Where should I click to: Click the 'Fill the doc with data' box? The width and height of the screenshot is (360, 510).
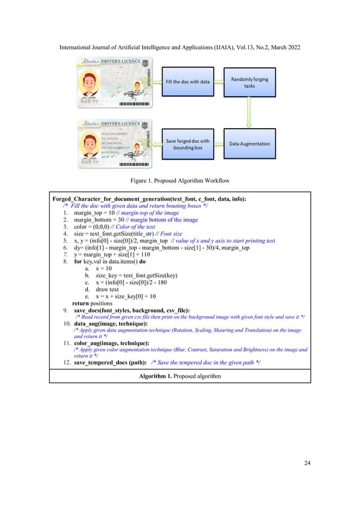coord(187,82)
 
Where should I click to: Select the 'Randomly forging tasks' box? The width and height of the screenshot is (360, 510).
coord(249,82)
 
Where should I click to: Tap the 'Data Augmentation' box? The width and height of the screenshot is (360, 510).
coord(249,143)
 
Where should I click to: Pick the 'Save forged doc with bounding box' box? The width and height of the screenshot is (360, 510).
coord(187,143)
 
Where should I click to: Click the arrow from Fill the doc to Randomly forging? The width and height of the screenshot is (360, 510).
coord(218,82)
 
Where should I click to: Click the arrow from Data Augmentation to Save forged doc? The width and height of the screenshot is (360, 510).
coord(218,143)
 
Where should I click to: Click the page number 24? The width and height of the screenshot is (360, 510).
coord(307,463)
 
